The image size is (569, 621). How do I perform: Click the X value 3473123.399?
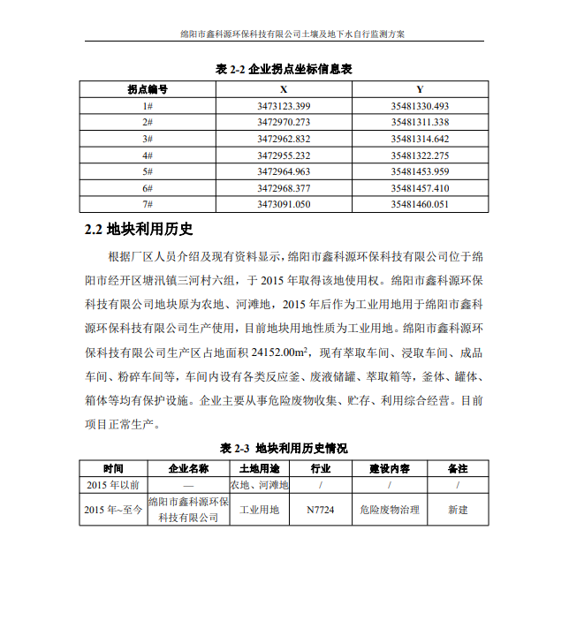(x=284, y=106)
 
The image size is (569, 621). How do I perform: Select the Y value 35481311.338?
(x=420, y=122)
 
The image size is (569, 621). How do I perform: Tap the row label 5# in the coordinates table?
(x=148, y=171)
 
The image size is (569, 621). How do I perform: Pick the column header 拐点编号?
(x=148, y=89)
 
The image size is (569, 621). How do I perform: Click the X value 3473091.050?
(x=284, y=204)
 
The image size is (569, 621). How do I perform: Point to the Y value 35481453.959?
(x=420, y=171)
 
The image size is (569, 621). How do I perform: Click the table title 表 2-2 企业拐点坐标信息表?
(x=284, y=68)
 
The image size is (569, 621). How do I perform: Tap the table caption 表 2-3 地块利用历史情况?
(x=284, y=447)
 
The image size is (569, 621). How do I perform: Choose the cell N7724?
(x=320, y=510)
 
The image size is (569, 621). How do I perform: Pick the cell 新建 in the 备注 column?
(x=458, y=510)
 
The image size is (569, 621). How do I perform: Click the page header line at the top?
(x=284, y=33)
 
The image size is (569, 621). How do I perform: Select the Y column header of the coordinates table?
(x=420, y=89)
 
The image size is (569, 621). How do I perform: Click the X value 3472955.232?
(x=284, y=155)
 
